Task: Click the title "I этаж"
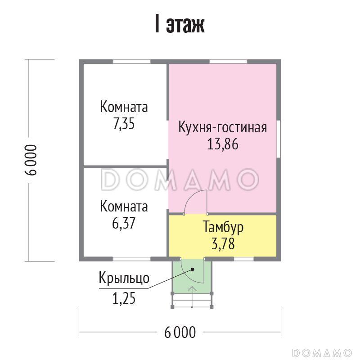coord(180,26)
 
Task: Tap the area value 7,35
coord(124,124)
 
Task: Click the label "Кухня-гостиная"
coord(223,127)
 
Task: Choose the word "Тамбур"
coord(223,227)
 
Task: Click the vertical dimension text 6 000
coord(30,160)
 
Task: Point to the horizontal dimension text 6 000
coord(180,333)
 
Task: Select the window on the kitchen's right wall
coord(279,140)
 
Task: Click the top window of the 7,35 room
coord(131,62)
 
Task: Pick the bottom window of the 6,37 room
coord(131,259)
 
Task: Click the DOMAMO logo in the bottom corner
coord(322,351)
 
